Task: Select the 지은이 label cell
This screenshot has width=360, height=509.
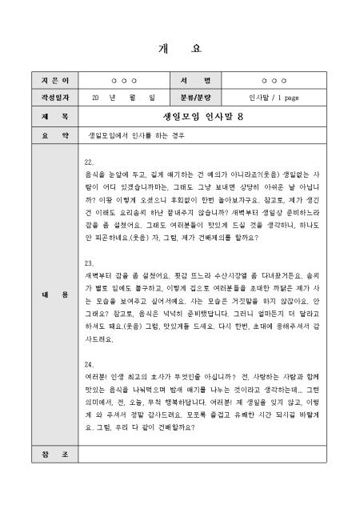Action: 44,82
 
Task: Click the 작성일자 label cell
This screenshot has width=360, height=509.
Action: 44,98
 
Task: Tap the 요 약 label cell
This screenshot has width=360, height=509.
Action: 44,135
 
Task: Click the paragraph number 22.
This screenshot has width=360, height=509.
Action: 89,161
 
